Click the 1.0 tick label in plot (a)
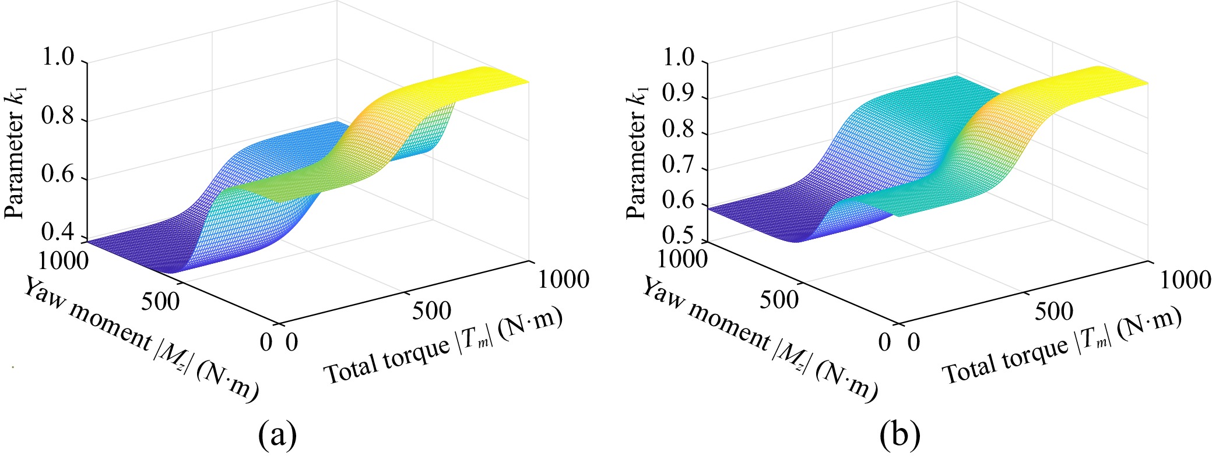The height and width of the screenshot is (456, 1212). click(58, 58)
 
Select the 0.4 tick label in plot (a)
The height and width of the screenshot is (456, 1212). click(58, 234)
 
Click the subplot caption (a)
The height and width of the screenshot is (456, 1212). click(277, 434)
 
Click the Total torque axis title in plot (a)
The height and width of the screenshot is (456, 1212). click(442, 346)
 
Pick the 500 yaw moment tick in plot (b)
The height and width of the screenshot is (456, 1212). click(779, 299)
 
